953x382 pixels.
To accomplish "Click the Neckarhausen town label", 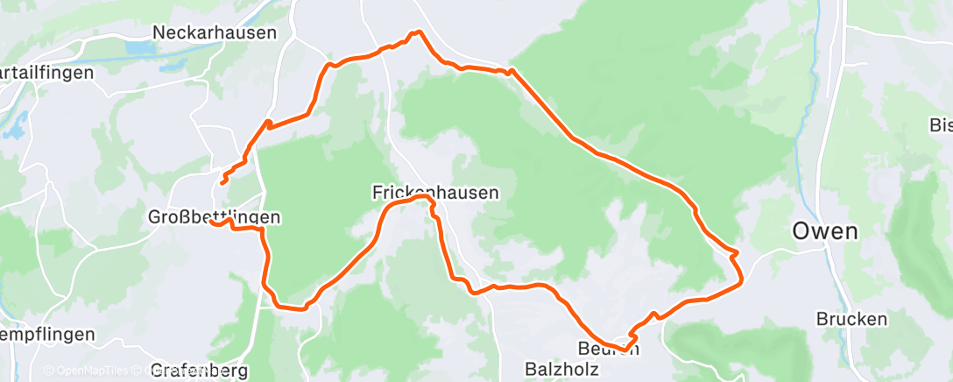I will [214, 32].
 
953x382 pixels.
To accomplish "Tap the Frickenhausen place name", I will [434, 191].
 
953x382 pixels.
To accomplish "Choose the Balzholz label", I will [561, 369].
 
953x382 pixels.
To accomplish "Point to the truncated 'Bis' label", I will [940, 124].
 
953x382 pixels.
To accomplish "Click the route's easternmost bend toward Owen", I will [741, 279].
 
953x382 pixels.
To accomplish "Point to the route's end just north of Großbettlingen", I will [222, 182].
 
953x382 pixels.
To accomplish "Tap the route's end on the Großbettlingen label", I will [211, 222].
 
